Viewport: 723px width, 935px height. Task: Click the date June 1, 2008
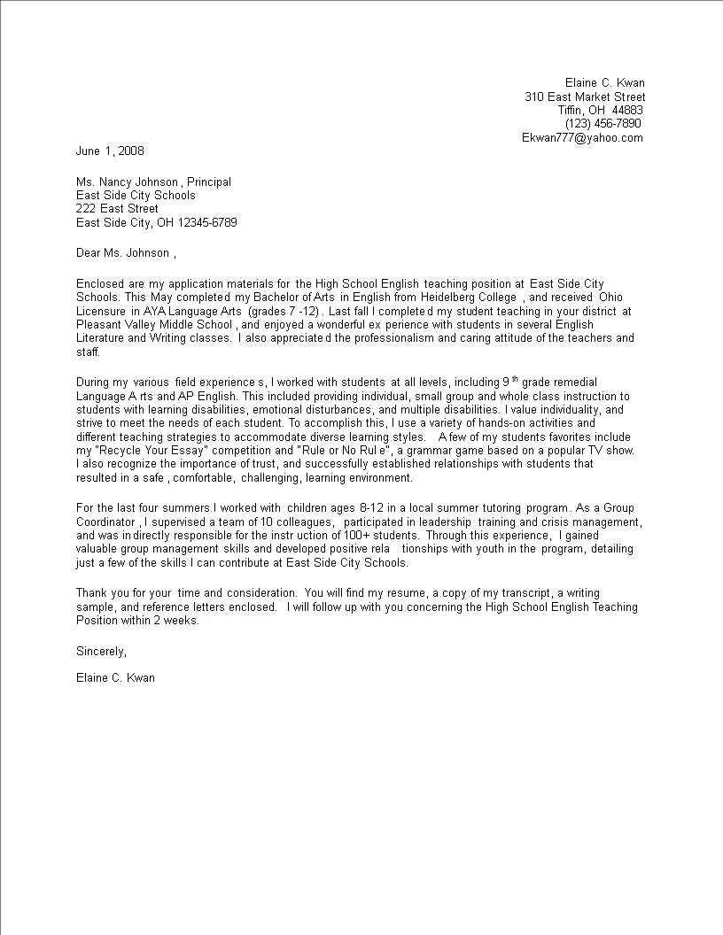(110, 151)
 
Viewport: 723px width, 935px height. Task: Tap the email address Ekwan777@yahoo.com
(582, 137)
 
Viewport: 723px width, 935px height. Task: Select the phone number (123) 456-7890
(602, 123)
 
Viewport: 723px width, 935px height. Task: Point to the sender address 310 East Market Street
(585, 97)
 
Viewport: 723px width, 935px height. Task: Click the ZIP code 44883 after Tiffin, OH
(626, 110)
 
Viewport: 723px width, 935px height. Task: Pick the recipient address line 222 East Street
(118, 209)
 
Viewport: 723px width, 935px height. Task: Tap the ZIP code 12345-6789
(207, 222)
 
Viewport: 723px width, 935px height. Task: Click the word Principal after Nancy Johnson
(209, 182)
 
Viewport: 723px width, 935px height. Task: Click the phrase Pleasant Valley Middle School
(154, 325)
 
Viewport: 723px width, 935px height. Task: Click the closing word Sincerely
(101, 651)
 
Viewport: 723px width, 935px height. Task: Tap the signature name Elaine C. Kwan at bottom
(116, 678)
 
